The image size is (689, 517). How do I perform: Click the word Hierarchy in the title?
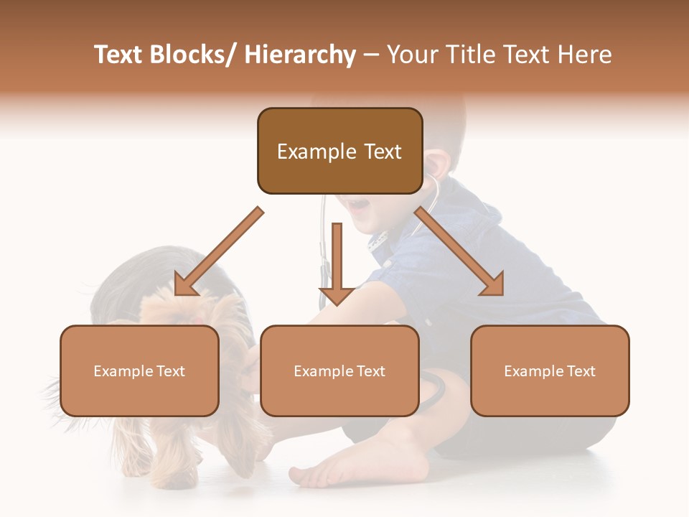point(299,55)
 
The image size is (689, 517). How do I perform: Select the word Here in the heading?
point(586,55)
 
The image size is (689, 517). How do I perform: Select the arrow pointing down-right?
point(459,252)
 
